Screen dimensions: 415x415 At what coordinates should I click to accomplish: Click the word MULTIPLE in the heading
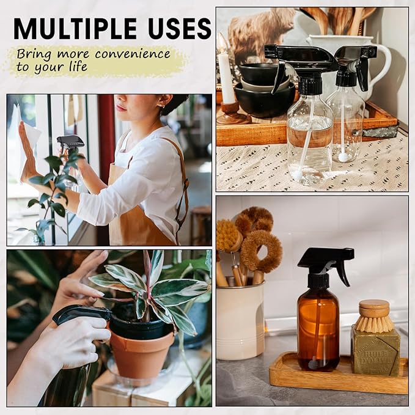pyautogui.click(x=74, y=28)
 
